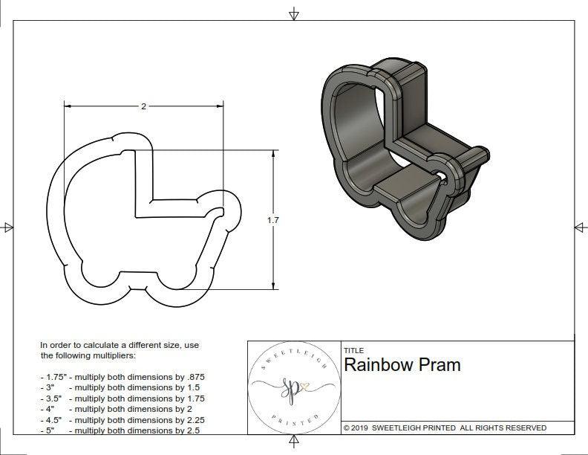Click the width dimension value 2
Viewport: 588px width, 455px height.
(143, 106)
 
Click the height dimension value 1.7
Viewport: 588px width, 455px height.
(274, 220)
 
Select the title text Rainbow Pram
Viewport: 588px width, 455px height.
(402, 365)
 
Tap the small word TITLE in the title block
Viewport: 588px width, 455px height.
(353, 350)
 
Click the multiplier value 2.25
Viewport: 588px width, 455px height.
(192, 419)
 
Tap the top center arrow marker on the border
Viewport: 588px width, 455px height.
(294, 13)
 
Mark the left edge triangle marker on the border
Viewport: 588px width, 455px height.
(7, 227)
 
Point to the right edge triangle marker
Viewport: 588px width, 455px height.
(581, 227)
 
